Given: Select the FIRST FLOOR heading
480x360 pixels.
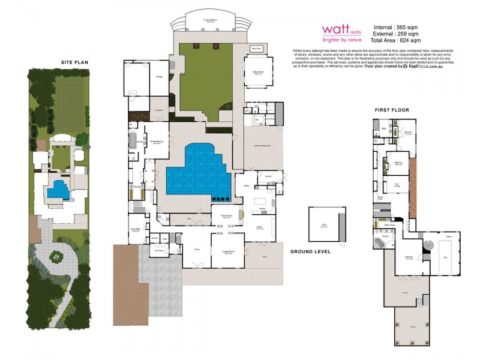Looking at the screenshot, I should [x=392, y=110].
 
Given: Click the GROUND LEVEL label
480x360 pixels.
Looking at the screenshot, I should [x=311, y=252].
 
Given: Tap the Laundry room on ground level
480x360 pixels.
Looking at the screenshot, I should [x=269, y=176].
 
